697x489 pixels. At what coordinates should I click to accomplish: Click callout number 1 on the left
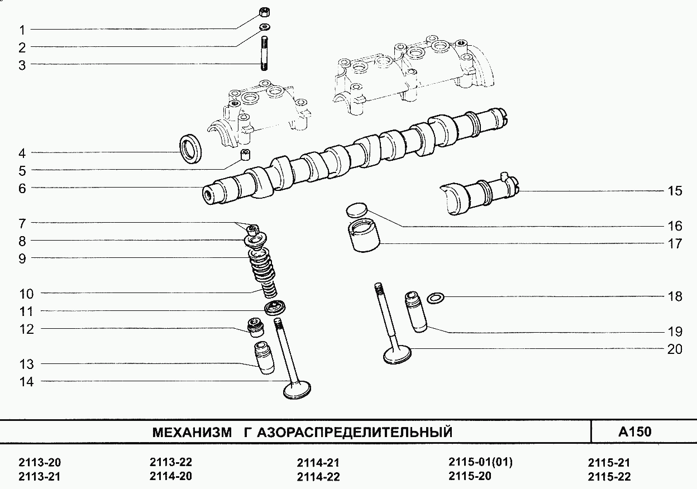point(22,30)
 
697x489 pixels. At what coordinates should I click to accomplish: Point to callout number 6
point(22,188)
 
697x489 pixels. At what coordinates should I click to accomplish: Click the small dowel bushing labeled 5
point(245,154)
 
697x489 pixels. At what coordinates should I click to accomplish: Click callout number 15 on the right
point(675,191)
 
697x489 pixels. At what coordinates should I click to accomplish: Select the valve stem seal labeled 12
point(256,327)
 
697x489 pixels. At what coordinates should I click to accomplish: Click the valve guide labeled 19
point(416,311)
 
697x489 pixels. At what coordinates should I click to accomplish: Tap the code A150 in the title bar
point(635,432)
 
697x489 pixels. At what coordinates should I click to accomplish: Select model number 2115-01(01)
point(480,462)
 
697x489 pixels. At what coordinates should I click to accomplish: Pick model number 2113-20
point(39,463)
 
